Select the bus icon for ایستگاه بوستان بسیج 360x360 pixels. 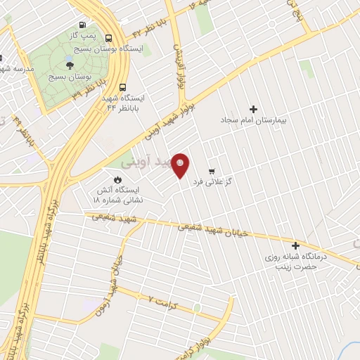pyautogui.click(x=109, y=39)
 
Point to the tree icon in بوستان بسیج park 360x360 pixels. pyautogui.click(x=68, y=65)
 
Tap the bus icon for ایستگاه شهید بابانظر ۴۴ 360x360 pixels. pyautogui.click(x=123, y=88)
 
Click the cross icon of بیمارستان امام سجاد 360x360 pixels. pyautogui.click(x=254, y=109)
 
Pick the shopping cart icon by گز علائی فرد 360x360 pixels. pyautogui.click(x=211, y=171)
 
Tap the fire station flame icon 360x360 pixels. pyautogui.click(x=109, y=179)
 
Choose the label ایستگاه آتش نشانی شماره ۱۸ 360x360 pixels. pyautogui.click(x=117, y=195)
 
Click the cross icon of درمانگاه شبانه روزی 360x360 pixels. pyautogui.click(x=295, y=246)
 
